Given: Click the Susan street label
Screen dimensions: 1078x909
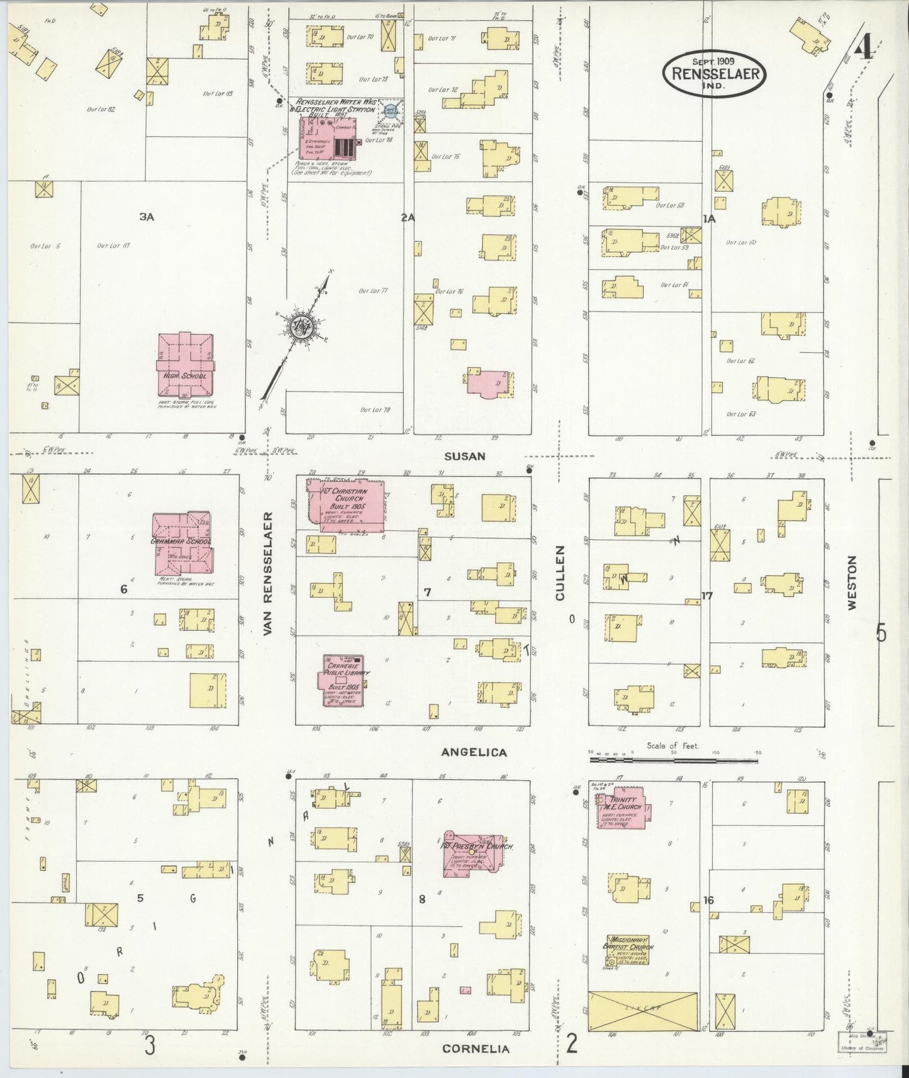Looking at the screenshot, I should (x=464, y=456).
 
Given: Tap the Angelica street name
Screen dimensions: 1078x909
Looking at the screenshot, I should (x=474, y=752).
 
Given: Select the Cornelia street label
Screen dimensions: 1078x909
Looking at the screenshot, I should (x=476, y=1048).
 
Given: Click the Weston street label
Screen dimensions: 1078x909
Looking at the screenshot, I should (x=852, y=582).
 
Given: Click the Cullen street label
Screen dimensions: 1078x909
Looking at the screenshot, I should (x=561, y=572).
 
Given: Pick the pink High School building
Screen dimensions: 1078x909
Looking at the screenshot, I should (x=185, y=365).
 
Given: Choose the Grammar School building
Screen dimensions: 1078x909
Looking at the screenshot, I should (x=182, y=543).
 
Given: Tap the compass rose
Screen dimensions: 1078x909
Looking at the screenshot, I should (x=297, y=325).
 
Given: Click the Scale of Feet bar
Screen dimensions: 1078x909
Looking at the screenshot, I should (x=673, y=760).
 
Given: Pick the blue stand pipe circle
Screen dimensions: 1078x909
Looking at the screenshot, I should (x=391, y=110).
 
